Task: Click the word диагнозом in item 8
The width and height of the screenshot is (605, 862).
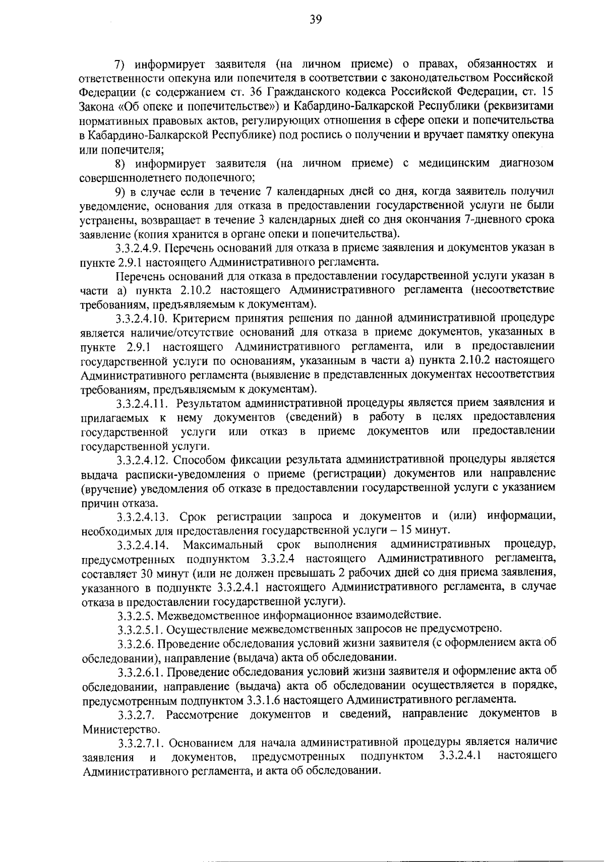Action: [x=527, y=163]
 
